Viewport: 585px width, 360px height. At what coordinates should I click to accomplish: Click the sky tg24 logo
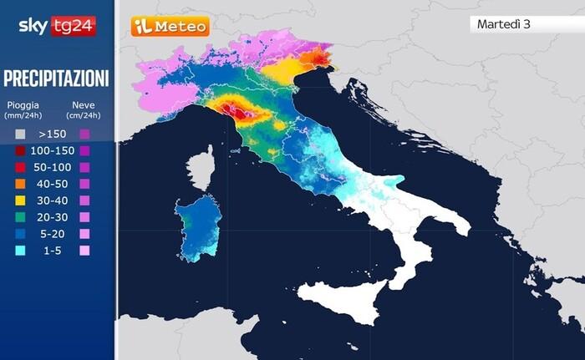(x=57, y=26)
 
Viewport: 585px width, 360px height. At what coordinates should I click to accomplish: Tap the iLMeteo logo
(x=170, y=27)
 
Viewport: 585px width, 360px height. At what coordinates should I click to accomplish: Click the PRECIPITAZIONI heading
(x=57, y=79)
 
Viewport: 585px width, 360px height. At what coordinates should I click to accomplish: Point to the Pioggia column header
(x=23, y=109)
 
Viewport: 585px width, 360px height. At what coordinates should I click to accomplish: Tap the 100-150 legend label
(x=52, y=150)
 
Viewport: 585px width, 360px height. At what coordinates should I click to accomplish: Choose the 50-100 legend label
(x=52, y=167)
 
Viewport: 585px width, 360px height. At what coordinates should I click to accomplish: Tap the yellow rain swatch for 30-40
(x=18, y=200)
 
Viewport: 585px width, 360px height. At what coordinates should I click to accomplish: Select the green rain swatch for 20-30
(x=18, y=217)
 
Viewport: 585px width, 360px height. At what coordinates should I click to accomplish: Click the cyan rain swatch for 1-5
(x=18, y=251)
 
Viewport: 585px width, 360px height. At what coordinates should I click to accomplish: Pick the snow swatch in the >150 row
(x=84, y=134)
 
